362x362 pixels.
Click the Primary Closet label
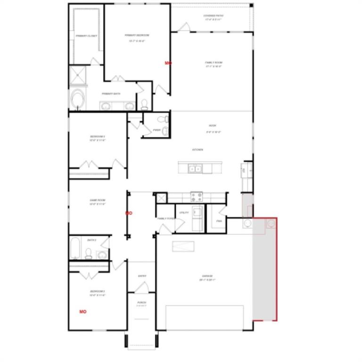click(86, 36)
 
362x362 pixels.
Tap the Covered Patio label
click(214, 16)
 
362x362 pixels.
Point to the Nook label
click(212, 125)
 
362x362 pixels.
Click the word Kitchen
click(197, 149)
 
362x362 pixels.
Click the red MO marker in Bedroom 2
click(83, 312)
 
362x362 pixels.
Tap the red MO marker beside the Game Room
click(129, 213)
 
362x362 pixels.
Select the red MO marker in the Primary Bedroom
click(168, 63)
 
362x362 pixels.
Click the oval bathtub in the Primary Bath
click(76, 99)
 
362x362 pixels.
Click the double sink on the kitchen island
click(195, 168)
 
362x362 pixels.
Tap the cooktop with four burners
click(196, 197)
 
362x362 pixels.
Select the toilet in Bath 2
click(89, 254)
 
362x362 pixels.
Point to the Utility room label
click(184, 213)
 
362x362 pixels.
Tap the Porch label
click(142, 302)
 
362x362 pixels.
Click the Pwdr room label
click(156, 130)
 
